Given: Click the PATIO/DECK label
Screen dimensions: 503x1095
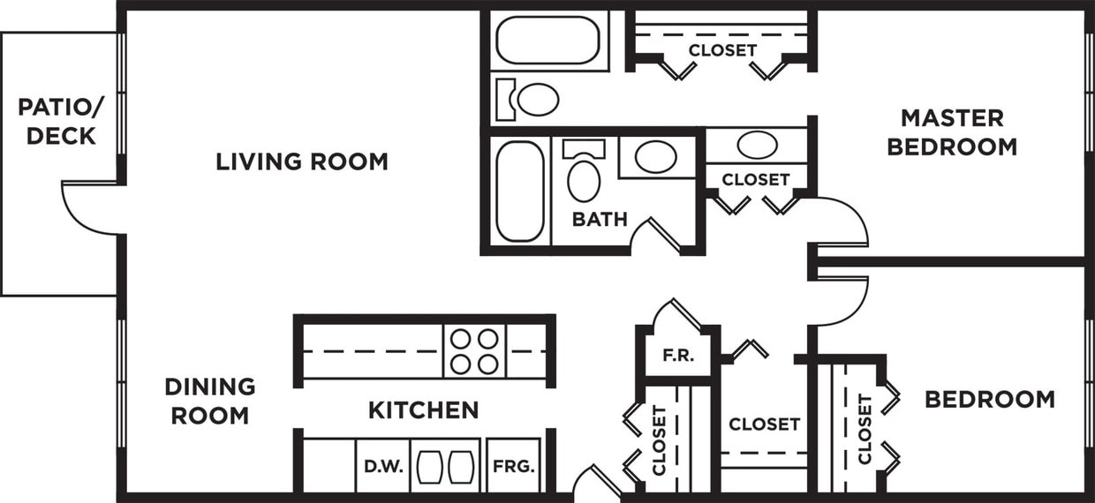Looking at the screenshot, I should click(x=58, y=123).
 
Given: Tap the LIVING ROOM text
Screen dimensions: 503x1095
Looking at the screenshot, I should click(x=302, y=161).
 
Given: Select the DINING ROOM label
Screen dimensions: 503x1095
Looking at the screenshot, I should click(x=210, y=401).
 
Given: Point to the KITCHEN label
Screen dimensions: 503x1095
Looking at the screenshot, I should click(x=423, y=409).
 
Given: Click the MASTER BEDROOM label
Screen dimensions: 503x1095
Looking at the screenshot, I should click(x=952, y=131).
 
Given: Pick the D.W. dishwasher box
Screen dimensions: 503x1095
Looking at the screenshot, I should click(x=383, y=465).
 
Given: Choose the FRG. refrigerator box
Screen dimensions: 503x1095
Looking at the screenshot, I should click(x=513, y=465).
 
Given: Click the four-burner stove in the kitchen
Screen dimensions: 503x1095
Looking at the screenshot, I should click(x=474, y=351).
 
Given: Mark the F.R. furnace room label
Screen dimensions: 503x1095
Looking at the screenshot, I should click(x=679, y=357).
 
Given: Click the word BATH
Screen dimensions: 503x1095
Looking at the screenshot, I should click(x=600, y=219).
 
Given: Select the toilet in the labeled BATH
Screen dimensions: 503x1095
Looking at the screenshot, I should click(x=583, y=175).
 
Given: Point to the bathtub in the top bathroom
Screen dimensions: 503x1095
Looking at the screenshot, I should click(x=547, y=40).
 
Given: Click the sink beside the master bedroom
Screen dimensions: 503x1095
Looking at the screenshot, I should click(x=757, y=145).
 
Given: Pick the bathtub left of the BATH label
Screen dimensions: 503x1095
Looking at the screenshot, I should click(x=520, y=191).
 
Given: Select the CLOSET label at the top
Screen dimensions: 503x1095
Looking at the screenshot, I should click(x=722, y=50).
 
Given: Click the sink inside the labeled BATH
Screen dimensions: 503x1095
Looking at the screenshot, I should click(x=655, y=157).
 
